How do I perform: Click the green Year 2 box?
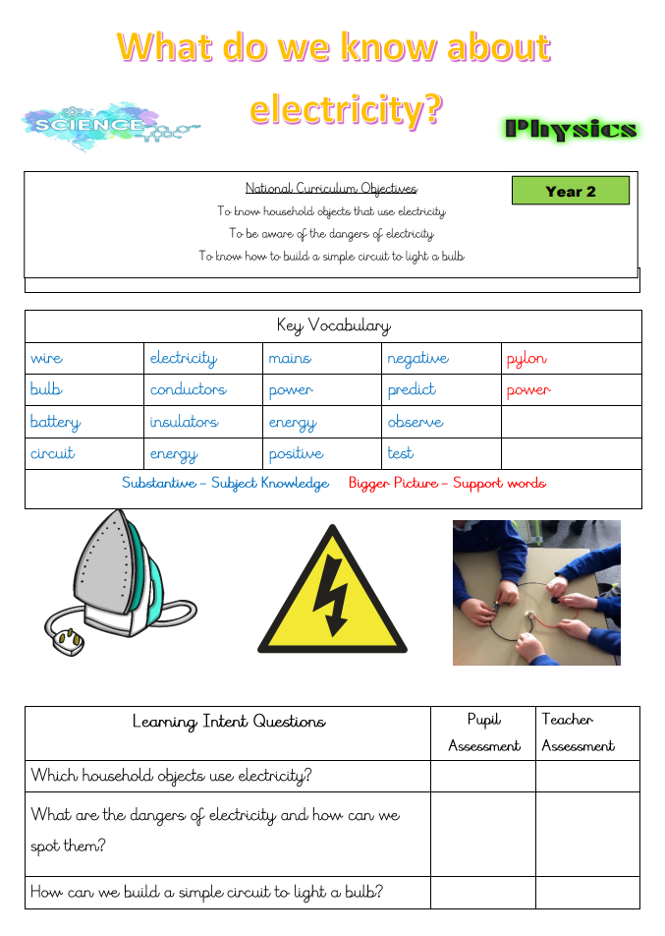click(x=570, y=191)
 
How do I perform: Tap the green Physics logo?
click(x=571, y=129)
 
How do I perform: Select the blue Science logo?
click(x=108, y=126)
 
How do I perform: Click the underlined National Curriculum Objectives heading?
click(x=331, y=188)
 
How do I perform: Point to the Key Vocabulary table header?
click(x=333, y=325)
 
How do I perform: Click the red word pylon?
click(x=526, y=359)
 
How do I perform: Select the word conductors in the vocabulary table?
click(x=188, y=390)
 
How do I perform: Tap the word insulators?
click(x=184, y=422)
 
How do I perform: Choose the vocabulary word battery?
click(x=55, y=422)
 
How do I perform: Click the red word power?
click(x=528, y=390)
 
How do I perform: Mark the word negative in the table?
click(x=417, y=359)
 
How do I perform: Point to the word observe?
click(x=415, y=422)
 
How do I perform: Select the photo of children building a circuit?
click(x=536, y=592)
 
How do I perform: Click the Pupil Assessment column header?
click(x=483, y=732)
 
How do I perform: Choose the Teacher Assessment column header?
click(x=579, y=732)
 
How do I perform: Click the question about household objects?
click(x=171, y=776)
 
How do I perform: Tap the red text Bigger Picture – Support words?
click(x=447, y=483)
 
